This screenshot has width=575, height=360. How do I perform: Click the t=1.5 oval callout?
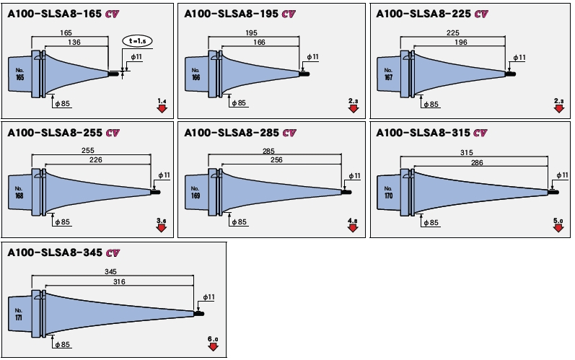coord(136,41)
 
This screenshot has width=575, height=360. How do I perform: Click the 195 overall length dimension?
coord(252,33)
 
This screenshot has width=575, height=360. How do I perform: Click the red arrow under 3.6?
coord(161,229)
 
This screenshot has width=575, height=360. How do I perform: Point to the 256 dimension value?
coord(276,160)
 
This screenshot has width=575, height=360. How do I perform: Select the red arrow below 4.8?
coord(353,229)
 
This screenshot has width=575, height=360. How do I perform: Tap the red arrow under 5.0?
coord(558,229)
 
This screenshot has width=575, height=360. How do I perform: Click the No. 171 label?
coord(19,315)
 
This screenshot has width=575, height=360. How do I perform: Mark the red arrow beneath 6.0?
coord(213,347)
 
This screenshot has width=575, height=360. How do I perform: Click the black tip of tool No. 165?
coord(113,72)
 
